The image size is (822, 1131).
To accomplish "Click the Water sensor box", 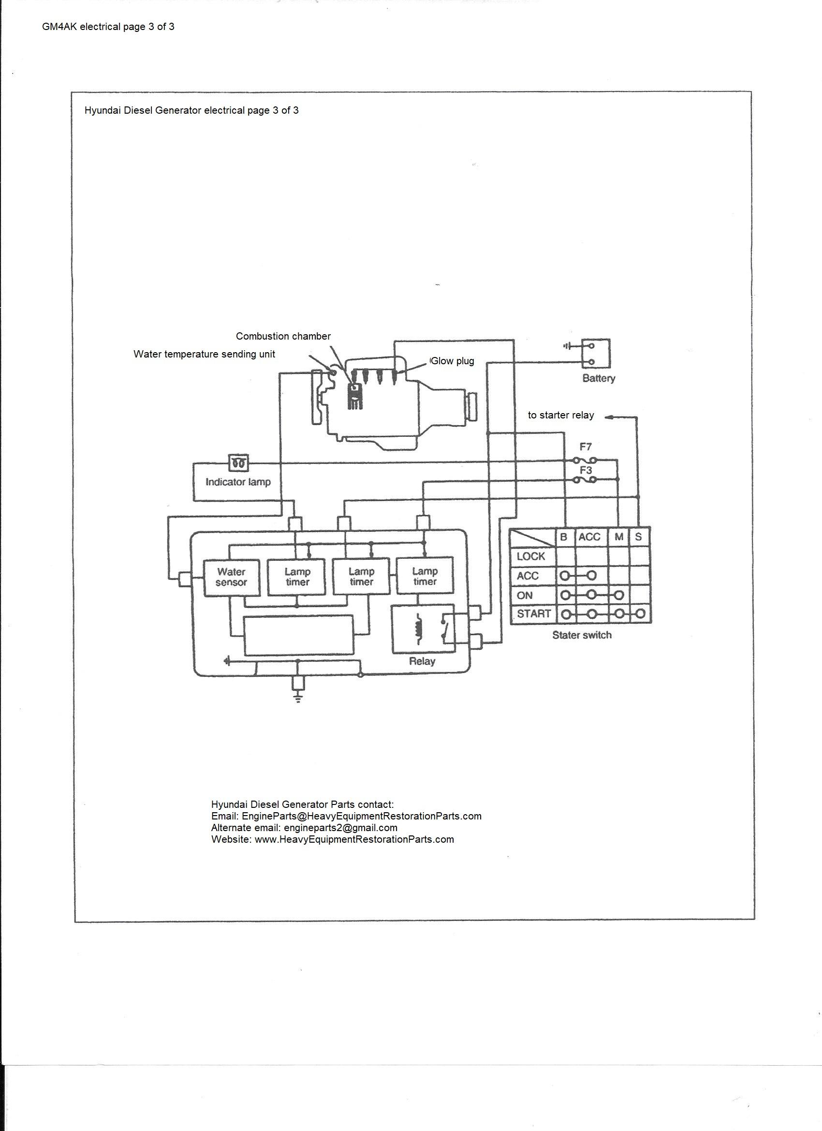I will tap(232, 578).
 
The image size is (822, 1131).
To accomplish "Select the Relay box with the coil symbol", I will tap(423, 629).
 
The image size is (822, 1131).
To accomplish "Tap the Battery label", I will tap(598, 378).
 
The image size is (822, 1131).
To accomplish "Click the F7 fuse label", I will tap(586, 447).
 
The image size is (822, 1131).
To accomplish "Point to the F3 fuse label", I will tap(586, 470).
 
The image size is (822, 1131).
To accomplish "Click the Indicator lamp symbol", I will tap(238, 463).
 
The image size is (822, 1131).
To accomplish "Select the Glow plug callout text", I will tap(452, 361).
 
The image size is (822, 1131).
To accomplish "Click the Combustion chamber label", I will tap(283, 336).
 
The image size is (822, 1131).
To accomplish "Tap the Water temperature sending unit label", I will tap(204, 354).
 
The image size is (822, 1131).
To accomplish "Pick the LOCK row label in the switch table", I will tap(531, 556).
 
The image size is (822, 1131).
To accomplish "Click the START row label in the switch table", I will tap(533, 614).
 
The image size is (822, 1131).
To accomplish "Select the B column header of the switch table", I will tap(564, 537).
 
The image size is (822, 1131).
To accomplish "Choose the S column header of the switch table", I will tap(639, 537).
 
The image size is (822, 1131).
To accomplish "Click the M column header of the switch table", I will tap(618, 537).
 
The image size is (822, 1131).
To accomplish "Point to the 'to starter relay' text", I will tap(561, 415).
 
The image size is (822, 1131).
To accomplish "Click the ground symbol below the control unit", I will tap(298, 697).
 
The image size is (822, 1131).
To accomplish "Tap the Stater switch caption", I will tap(582, 635).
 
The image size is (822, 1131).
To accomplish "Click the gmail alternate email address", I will tap(340, 828).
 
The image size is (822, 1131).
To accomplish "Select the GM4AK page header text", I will tap(108, 27).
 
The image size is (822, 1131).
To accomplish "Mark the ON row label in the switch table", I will tap(525, 595).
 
